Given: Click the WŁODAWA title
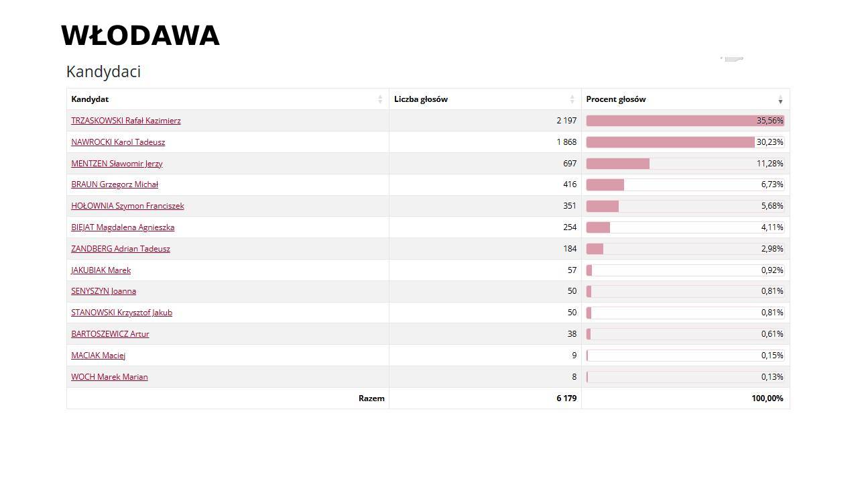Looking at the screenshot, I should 140,36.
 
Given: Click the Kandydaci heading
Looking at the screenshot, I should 103,72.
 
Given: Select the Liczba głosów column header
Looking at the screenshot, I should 421,99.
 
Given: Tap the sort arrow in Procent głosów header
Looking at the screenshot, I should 780,100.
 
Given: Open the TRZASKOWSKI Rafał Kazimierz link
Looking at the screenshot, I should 126,121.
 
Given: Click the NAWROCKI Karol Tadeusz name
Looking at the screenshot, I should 118,142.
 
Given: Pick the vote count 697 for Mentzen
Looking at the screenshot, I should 569,164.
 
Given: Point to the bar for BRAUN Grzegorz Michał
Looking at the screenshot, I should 605,184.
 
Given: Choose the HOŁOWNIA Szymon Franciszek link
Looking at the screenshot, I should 127,206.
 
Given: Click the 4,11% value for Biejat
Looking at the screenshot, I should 772,227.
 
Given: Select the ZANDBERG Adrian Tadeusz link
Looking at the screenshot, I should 121,249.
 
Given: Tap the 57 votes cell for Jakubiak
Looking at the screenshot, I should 571,270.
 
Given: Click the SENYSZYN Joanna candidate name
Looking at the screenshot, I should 104,291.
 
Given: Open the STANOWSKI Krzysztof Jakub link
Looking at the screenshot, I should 121,313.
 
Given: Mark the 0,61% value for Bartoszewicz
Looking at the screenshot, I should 772,334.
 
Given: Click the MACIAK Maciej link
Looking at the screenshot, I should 99,356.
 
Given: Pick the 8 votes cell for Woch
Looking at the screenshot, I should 574,377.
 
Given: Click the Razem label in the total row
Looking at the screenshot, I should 371,398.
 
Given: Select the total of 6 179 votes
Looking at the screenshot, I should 566,398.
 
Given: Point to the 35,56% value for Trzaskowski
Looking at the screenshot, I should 770,121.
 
